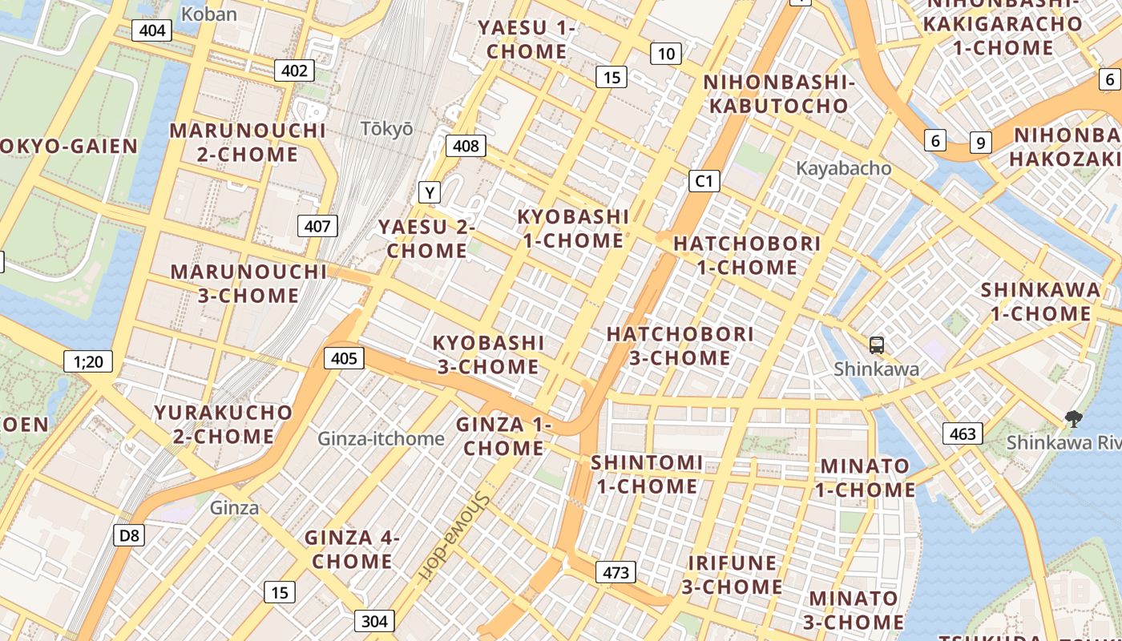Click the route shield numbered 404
click(152, 30)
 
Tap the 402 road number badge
click(294, 71)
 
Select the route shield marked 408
click(466, 145)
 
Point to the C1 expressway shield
click(704, 180)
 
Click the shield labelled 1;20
click(88, 361)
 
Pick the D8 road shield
click(128, 535)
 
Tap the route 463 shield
click(962, 433)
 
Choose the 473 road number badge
click(615, 572)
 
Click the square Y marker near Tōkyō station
click(430, 192)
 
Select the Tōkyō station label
click(386, 128)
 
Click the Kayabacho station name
click(843, 168)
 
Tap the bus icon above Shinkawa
click(877, 345)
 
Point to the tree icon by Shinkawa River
click(1072, 418)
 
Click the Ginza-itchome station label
click(381, 438)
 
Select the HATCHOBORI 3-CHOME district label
click(680, 345)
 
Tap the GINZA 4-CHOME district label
click(352, 549)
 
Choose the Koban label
click(209, 14)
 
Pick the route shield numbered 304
click(374, 620)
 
